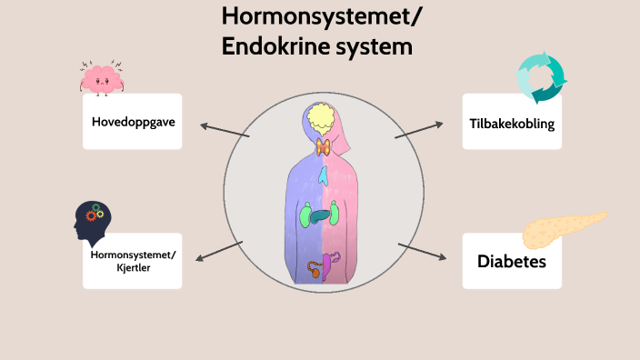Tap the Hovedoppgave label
(x=133, y=121)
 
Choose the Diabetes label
(x=511, y=262)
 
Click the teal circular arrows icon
(x=541, y=77)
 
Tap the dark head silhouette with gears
(x=93, y=222)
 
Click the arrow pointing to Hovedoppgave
(x=224, y=130)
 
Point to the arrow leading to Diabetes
(x=423, y=252)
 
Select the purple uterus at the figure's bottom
(x=331, y=265)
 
